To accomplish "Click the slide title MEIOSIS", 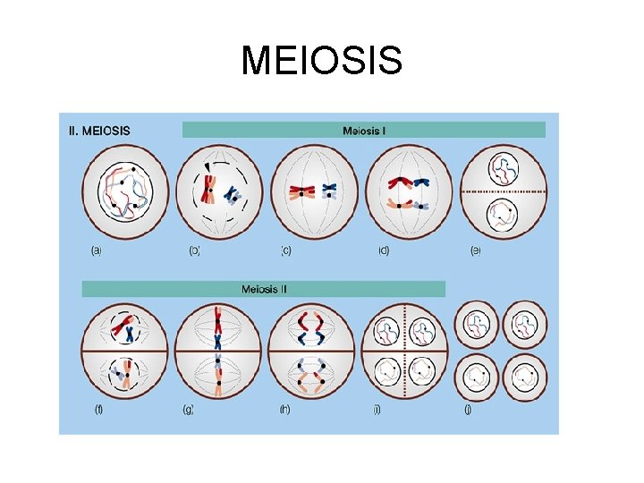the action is point(322,62).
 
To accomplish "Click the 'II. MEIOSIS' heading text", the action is point(99,131).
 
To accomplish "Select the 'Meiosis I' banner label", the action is point(364,131).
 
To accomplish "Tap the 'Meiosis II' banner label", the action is point(264,289).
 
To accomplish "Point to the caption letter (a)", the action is point(96,251).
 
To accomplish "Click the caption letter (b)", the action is point(194,251).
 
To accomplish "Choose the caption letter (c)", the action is point(285,251).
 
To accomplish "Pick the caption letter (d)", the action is point(384,251).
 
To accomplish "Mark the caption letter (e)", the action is point(475,251).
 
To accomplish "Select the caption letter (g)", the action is point(188,410).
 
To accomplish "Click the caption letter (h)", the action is point(284,410).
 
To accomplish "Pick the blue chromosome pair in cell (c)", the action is point(328,190).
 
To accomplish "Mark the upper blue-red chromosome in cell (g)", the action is point(217,328).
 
